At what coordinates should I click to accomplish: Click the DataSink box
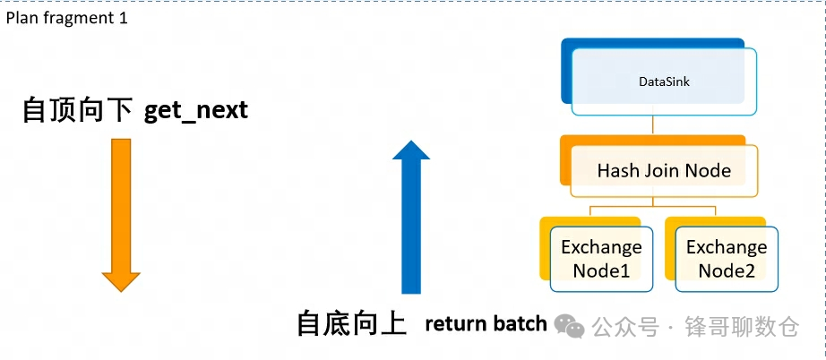coord(664,81)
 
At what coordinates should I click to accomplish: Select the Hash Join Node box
coord(664,170)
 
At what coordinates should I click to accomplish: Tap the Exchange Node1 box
coord(601,258)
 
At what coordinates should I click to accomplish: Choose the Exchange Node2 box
coord(727,258)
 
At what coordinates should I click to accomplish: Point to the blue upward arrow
coord(411,219)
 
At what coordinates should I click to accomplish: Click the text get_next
coord(195,110)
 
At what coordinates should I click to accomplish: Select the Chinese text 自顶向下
coord(77,110)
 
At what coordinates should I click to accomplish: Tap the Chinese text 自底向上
coord(352,323)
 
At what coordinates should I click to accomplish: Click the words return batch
coord(485,323)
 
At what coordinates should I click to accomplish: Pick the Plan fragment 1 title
coord(67,18)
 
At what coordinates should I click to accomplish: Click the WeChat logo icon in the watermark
coord(570,326)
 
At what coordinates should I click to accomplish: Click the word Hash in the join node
coord(616,170)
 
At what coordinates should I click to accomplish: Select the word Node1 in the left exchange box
coord(601,270)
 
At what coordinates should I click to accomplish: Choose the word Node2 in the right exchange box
coord(727,270)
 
